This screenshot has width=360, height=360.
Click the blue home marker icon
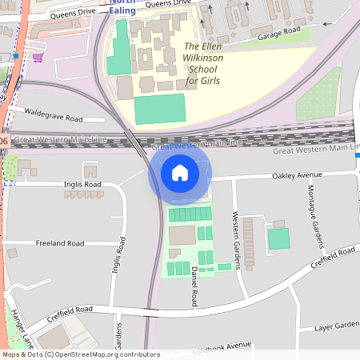click(179, 172)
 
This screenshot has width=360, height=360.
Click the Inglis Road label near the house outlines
click(82, 184)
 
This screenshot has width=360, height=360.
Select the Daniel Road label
click(194, 286)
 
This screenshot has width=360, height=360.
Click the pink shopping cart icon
click(38, 57)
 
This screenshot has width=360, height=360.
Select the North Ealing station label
click(122, 7)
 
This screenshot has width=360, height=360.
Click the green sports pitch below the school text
click(159, 109)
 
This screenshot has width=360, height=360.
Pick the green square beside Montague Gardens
click(278, 238)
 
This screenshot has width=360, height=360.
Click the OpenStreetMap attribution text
click(81, 354)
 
